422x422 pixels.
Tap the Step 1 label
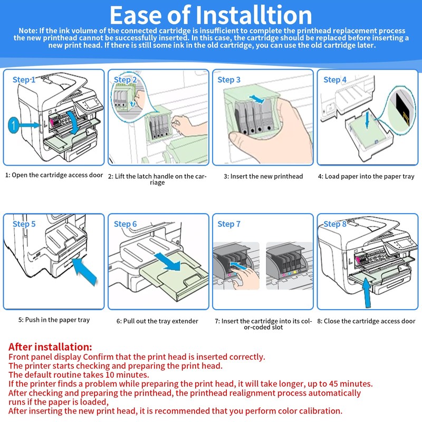[24, 80]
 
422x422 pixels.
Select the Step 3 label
[229, 80]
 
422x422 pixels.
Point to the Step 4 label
[335, 80]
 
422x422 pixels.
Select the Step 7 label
[229, 224]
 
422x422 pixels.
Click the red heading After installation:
[51, 347]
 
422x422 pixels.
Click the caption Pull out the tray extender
[157, 321]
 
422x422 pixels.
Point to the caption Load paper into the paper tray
[366, 176]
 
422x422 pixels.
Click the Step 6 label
[126, 224]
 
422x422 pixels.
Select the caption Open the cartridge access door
[54, 175]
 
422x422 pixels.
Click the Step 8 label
[335, 224]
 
